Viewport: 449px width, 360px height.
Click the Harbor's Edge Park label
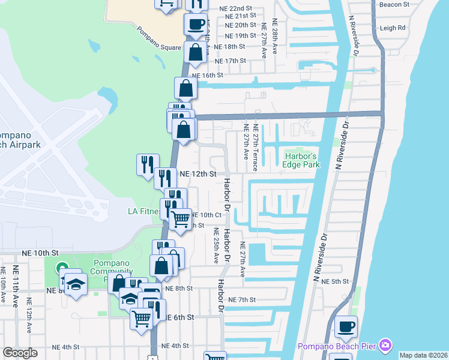301,160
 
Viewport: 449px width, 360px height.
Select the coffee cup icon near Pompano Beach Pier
346,327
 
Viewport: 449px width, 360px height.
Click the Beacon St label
394,4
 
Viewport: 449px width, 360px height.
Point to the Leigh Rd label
393,28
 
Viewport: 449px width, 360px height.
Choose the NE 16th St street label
208,75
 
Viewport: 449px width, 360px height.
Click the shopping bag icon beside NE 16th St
186,89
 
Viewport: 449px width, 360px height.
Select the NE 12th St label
197,173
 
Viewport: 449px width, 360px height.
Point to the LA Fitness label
144,211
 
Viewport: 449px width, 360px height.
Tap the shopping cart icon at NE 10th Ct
180,220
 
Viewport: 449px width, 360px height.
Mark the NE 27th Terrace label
256,148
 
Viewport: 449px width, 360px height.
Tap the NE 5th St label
335,281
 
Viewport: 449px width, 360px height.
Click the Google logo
20,353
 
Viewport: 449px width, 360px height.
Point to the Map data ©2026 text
423,355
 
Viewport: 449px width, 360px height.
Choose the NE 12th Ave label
28,313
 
